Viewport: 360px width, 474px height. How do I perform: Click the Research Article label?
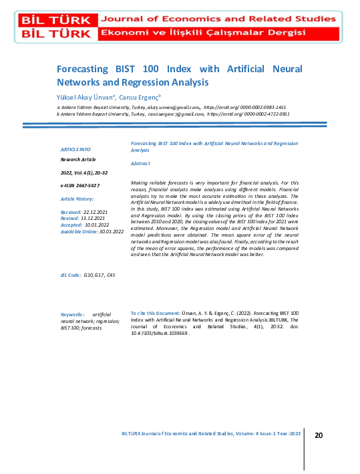(x=79, y=160)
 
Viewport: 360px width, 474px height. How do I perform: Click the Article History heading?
(x=77, y=199)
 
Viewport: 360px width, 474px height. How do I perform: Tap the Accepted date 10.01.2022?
(x=98, y=225)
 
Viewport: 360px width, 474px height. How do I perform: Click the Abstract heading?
(x=140, y=163)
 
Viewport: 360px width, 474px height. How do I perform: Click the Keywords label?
(x=72, y=313)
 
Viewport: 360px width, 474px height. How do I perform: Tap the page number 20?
(x=319, y=435)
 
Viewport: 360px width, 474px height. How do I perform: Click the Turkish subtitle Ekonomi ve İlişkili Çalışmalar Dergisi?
(x=203, y=33)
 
